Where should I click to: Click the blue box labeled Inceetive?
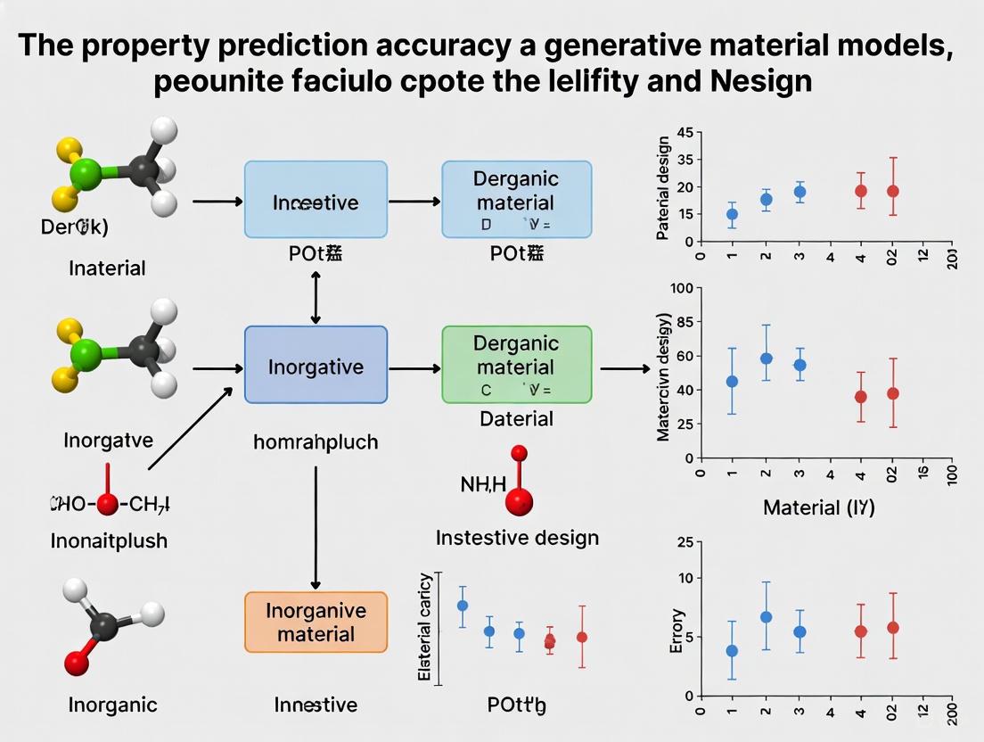click(316, 199)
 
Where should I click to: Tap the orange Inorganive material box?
click(316, 622)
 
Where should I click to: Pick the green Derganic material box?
click(516, 364)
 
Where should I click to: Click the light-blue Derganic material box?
click(516, 199)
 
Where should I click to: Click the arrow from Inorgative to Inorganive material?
click(316, 526)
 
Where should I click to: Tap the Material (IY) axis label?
click(818, 508)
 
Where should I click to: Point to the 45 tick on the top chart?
click(685, 134)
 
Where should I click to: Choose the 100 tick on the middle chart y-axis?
click(681, 288)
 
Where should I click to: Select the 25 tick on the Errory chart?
click(684, 543)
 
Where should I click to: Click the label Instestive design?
click(517, 538)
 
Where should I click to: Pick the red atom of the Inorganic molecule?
click(78, 662)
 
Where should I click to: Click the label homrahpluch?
click(316, 441)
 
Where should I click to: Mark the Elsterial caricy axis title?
click(425, 628)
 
